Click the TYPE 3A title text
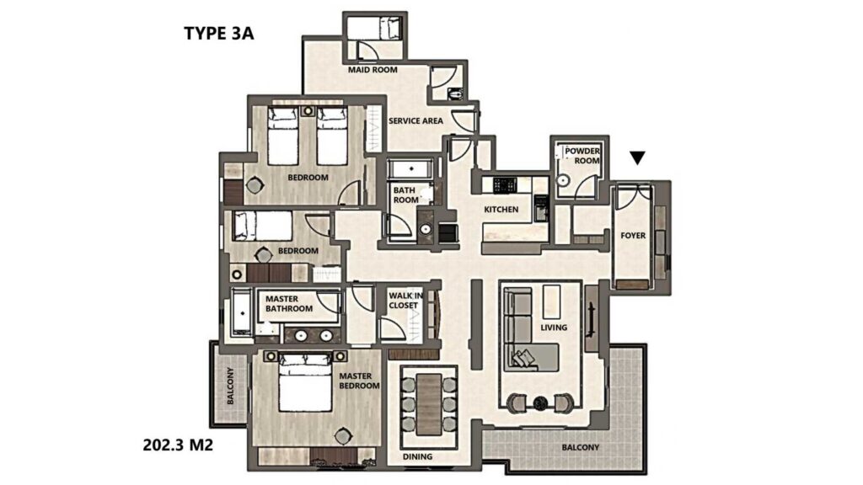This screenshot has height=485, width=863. click(x=218, y=33)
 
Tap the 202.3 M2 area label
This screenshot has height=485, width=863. click(x=178, y=445)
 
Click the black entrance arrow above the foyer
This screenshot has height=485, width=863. click(x=637, y=158)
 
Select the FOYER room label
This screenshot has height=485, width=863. click(x=633, y=236)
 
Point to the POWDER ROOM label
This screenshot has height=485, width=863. click(x=582, y=156)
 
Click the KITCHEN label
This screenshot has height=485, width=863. click(x=501, y=209)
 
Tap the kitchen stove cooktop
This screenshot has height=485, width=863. click(x=506, y=184)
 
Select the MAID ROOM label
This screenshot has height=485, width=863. click(x=373, y=70)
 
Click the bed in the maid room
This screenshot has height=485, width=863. click(x=373, y=28)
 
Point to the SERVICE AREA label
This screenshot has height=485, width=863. click(x=415, y=120)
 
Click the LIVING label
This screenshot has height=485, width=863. click(x=554, y=328)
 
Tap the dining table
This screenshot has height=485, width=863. click(x=429, y=403)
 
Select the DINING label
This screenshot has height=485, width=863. click(x=417, y=456)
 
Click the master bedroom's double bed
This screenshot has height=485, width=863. click(x=305, y=382)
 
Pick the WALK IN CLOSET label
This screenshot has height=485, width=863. click(x=405, y=301)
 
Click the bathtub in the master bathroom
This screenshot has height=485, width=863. click(x=242, y=312)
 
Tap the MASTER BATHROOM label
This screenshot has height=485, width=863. click(x=289, y=303)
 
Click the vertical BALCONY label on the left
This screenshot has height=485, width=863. click(x=230, y=386)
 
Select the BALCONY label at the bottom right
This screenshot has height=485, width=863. click(x=581, y=448)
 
